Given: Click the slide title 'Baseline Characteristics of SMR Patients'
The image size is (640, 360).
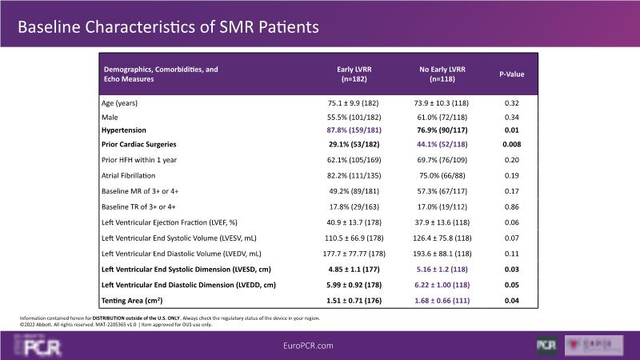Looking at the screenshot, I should pyautogui.click(x=168, y=26).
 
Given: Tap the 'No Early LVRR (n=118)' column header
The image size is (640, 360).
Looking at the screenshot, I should pyautogui.click(x=438, y=74).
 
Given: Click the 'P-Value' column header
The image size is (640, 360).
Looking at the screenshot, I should pyautogui.click(x=512, y=74).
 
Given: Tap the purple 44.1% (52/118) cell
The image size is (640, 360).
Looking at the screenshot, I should pyautogui.click(x=438, y=143).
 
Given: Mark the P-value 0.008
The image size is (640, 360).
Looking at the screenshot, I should pyautogui.click(x=512, y=143).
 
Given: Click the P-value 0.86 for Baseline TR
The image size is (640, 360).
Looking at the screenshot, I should pyautogui.click(x=512, y=206).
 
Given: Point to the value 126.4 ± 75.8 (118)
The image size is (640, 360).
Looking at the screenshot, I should pyautogui.click(x=438, y=238).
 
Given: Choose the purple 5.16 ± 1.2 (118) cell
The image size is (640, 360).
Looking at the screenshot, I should pyautogui.click(x=438, y=269).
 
